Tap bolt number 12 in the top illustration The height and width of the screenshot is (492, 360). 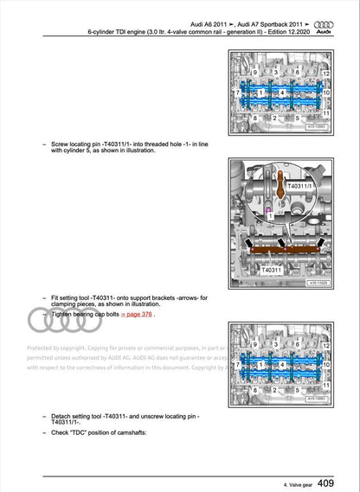(325, 75)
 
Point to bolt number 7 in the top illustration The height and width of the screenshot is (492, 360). (237, 93)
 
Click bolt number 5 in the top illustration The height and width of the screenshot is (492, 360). (298, 118)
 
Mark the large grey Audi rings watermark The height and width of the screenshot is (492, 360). (54, 322)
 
